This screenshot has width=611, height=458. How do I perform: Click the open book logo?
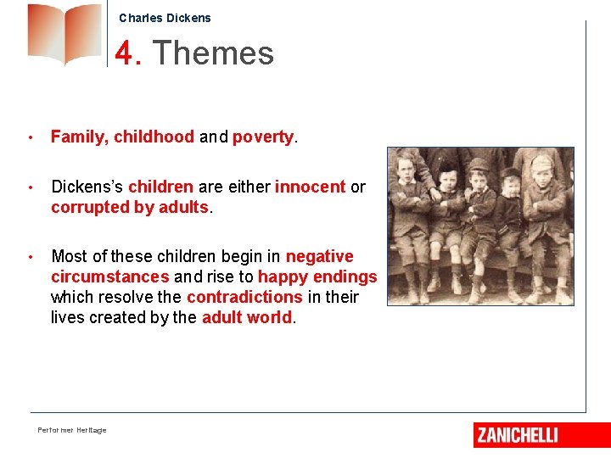click(x=64, y=34)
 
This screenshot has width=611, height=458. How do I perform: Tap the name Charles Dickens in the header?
click(x=165, y=18)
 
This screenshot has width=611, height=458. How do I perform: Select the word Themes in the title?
click(x=213, y=53)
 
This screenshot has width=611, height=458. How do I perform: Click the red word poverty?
click(x=262, y=137)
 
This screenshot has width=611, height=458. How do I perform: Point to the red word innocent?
click(x=310, y=187)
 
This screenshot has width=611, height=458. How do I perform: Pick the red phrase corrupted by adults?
click(x=129, y=207)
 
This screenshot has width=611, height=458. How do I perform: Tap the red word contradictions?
click(x=244, y=297)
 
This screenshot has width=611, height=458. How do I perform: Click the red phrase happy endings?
click(x=317, y=276)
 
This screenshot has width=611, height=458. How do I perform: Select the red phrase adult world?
click(x=246, y=317)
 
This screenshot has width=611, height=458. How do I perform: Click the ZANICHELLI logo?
click(x=518, y=435)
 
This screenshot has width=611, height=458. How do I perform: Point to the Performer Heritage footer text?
click(x=72, y=431)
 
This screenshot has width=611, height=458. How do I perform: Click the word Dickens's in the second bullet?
click(x=87, y=187)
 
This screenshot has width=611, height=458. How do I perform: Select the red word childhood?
click(x=154, y=137)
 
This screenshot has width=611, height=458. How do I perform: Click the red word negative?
click(x=319, y=256)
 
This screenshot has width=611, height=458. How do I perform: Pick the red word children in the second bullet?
click(x=160, y=187)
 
